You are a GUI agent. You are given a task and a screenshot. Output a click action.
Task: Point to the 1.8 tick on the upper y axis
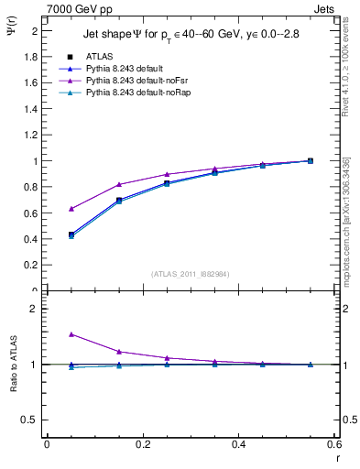(x=31, y=57)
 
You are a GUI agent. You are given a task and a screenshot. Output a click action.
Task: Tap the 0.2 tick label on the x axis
(x=142, y=444)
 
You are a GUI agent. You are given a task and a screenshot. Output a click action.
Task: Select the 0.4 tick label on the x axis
(x=238, y=444)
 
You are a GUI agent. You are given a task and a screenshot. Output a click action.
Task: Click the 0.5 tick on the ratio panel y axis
(x=30, y=420)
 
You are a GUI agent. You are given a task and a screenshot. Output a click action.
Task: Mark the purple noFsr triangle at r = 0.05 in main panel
(x=71, y=209)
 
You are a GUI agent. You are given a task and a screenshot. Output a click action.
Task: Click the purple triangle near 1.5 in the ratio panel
(x=71, y=334)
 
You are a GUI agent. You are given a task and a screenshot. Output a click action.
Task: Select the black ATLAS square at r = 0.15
(x=119, y=200)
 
